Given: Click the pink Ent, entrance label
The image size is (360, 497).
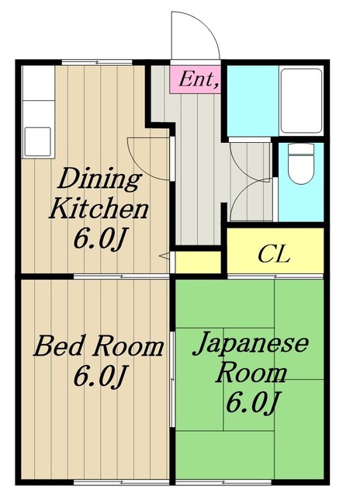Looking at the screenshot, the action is tap(195, 79).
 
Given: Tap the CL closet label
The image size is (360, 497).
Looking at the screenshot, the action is tap(274, 255).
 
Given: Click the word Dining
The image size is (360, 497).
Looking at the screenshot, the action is tap(99, 180).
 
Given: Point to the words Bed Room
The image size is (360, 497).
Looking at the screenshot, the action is tap(99, 346).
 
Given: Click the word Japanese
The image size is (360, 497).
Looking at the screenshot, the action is tap(250, 343).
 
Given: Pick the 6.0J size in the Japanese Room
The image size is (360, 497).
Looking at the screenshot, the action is tap(253, 403).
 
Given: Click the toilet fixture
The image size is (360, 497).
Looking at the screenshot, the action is tap(301, 164).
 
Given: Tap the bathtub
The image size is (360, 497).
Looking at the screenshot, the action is tap(301, 102).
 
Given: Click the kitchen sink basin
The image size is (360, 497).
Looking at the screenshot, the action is tap(38, 141).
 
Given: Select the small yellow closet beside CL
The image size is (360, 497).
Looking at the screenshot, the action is tap(198, 262).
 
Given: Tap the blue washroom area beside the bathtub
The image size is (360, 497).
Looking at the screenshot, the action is tap(253, 101).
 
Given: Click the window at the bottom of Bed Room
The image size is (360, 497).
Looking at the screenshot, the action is tap(122, 482).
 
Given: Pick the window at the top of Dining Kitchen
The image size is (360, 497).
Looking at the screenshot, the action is tap(97, 62).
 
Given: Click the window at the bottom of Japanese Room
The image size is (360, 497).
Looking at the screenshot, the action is tap(224, 482).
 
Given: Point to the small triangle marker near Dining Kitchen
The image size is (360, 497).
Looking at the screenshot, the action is tap(165, 255).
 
